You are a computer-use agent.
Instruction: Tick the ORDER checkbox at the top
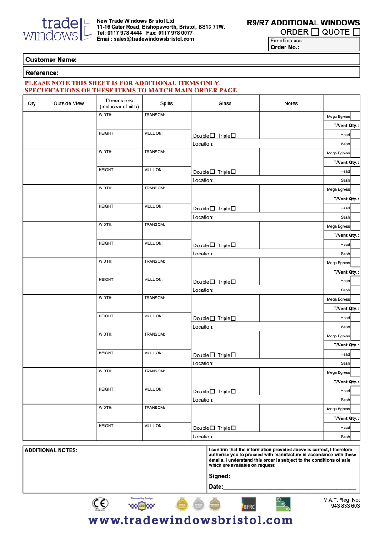[x=315, y=32]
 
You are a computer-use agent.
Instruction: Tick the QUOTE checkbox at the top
[x=356, y=32]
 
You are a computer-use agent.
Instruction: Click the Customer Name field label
[x=51, y=60]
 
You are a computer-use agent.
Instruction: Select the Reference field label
[x=42, y=73]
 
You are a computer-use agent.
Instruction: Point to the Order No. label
[x=285, y=47]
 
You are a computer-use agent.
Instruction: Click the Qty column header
[x=32, y=103]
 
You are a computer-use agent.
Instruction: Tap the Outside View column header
[x=69, y=103]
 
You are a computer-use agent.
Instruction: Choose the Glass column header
[x=225, y=103]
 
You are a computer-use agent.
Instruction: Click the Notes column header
[x=291, y=103]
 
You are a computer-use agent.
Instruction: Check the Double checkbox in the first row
[x=212, y=135]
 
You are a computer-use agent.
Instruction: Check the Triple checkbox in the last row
[x=234, y=428]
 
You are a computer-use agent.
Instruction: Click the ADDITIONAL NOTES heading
[x=51, y=450]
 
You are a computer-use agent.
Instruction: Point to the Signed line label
[x=219, y=476]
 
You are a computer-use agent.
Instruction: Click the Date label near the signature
[x=215, y=487]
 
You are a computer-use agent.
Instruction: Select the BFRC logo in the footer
[x=249, y=504]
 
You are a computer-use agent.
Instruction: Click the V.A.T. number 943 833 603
[x=345, y=506]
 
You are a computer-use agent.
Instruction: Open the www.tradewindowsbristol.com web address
[x=190, y=520]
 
